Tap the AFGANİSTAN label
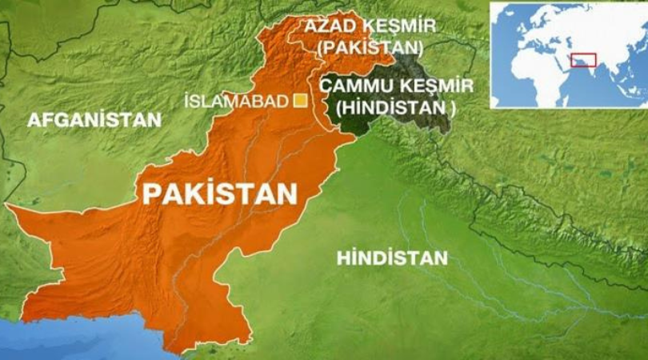[94, 120]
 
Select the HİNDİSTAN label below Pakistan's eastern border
[392, 258]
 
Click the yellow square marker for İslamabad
[301, 100]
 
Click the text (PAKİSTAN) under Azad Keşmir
[370, 47]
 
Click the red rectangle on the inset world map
[585, 60]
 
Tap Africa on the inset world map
[532, 76]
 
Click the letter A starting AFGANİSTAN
[33, 120]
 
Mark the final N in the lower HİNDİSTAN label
[441, 258]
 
